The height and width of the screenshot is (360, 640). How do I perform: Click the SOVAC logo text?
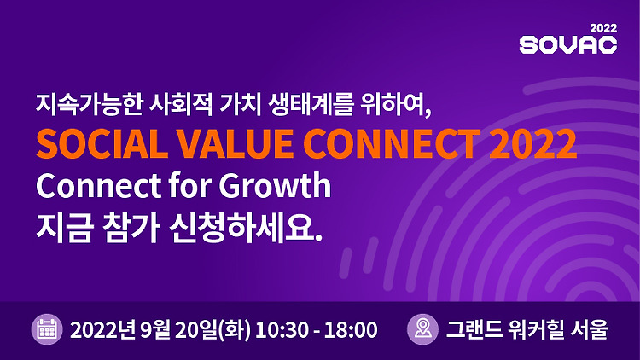567,44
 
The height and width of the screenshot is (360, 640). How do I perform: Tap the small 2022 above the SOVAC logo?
603,28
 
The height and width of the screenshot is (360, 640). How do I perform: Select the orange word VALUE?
236,143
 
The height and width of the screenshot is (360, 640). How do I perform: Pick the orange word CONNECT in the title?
392,143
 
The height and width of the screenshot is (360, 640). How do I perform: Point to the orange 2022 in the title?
532,143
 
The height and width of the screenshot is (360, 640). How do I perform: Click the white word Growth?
275,186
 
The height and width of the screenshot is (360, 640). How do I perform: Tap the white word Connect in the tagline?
98,186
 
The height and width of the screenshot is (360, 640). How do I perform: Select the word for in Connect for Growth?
189,185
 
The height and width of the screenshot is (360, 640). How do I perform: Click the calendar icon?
47,329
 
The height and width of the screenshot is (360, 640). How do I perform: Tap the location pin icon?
422,329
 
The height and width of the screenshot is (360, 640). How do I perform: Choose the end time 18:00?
351,330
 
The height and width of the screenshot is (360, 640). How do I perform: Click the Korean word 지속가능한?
88,104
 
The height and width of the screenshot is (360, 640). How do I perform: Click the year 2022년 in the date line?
102,330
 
